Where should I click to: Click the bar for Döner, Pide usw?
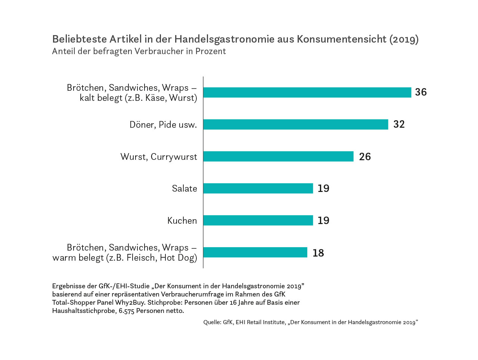click(295, 124)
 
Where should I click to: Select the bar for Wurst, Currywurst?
click(278, 156)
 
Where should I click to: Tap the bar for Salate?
click(258, 188)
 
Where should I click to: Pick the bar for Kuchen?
click(258, 220)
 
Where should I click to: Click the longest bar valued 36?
click(307, 92)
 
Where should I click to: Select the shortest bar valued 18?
click(255, 252)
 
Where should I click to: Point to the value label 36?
click(420, 92)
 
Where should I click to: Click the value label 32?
click(399, 124)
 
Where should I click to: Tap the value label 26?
click(365, 156)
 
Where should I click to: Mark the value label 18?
click(318, 253)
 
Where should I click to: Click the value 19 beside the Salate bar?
click(323, 188)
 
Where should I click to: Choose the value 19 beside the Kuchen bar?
click(323, 220)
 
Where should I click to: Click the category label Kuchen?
click(182, 221)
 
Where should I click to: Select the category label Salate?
click(184, 189)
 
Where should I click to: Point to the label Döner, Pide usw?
click(163, 125)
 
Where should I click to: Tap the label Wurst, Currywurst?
click(159, 157)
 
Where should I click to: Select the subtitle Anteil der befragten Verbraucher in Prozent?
click(139, 52)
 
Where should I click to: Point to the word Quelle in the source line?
click(212, 322)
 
